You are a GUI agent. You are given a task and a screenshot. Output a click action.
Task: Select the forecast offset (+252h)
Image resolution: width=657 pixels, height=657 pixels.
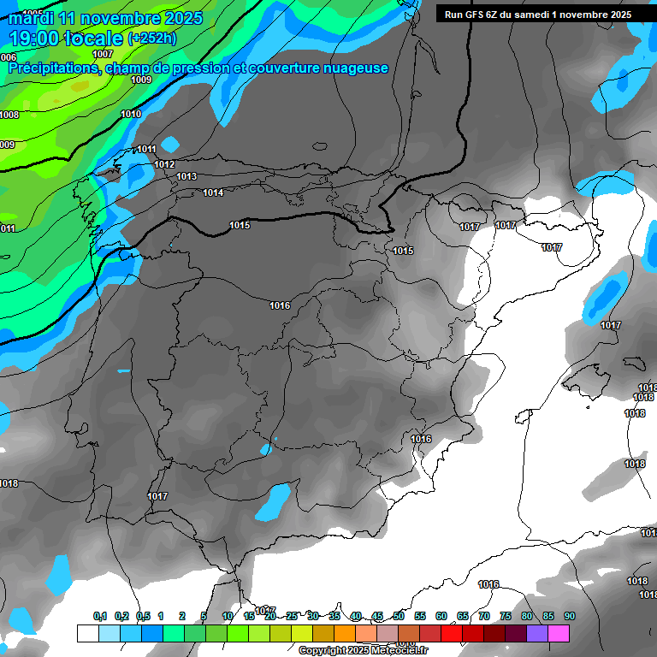(x=151, y=38)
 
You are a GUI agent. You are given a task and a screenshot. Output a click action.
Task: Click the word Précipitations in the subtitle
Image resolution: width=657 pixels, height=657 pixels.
(x=51, y=68)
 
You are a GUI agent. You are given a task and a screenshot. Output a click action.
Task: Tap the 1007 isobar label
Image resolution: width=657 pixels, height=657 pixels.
(x=103, y=54)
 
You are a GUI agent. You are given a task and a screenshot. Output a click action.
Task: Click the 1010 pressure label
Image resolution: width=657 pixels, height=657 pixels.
(x=131, y=114)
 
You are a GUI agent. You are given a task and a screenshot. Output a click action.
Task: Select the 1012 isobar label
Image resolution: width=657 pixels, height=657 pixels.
(x=165, y=164)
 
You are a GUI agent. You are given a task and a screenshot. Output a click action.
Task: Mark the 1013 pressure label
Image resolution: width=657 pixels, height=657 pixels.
(x=186, y=176)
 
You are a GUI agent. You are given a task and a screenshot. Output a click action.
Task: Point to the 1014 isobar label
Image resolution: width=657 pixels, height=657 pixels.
(x=213, y=192)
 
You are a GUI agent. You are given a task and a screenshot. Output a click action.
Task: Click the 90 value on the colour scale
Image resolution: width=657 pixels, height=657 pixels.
(x=570, y=616)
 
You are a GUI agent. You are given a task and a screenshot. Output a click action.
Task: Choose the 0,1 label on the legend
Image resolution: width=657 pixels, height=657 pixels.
(x=100, y=616)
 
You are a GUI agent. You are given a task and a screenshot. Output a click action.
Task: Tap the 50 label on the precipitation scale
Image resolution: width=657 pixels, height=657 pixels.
(x=399, y=616)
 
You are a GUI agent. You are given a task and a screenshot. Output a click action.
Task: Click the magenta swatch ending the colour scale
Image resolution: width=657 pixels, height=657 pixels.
(x=559, y=633)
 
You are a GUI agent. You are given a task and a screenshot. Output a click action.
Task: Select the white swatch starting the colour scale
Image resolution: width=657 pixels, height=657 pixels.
(x=87, y=633)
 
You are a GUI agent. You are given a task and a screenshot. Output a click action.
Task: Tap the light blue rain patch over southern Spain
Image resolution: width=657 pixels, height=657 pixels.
(x=275, y=500)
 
